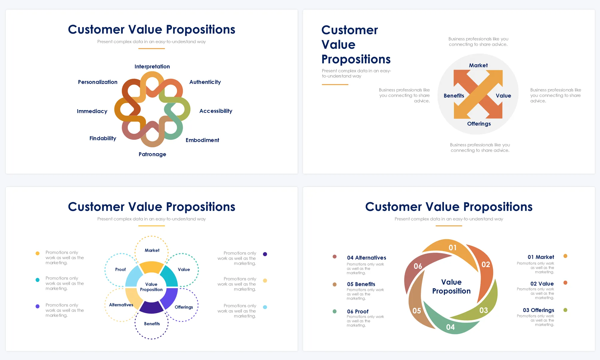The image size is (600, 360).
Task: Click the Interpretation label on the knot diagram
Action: click(x=152, y=67)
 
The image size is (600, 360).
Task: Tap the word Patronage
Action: click(x=152, y=154)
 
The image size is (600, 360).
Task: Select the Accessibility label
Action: click(x=216, y=111)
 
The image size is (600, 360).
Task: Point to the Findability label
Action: click(x=103, y=138)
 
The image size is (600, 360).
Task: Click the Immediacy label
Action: click(x=92, y=111)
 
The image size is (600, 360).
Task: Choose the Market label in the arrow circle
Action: click(x=478, y=65)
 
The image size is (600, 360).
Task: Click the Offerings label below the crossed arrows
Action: click(x=479, y=124)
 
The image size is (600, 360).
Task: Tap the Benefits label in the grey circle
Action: click(x=454, y=96)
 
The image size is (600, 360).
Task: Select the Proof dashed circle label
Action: click(x=120, y=269)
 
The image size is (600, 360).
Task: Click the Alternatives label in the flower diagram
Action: click(x=121, y=305)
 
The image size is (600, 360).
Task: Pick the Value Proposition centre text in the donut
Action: click(x=151, y=287)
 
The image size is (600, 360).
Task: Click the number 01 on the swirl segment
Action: click(x=452, y=247)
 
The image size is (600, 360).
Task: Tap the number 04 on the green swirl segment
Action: click(x=450, y=327)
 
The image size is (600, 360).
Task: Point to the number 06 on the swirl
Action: click(x=418, y=266)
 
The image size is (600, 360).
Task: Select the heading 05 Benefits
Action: click(x=361, y=284)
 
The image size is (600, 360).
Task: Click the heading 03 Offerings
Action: click(x=538, y=310)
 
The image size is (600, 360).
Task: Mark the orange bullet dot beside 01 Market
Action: click(x=565, y=256)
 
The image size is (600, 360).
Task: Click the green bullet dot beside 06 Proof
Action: click(x=334, y=311)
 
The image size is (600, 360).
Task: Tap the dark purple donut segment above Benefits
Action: click(x=151, y=307)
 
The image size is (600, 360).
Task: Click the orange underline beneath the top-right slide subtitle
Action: click(x=335, y=85)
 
